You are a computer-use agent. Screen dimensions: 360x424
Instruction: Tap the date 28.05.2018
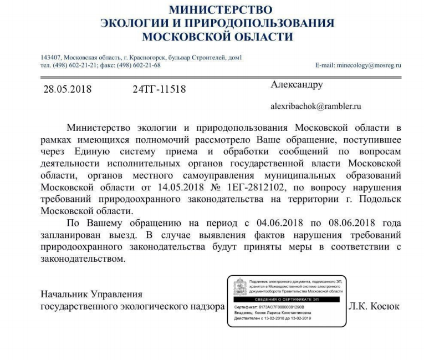67,89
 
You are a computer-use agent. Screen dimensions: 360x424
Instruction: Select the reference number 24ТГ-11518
160,89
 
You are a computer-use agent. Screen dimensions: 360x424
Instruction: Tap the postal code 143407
51,58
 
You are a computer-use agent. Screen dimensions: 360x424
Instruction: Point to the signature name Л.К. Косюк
374,306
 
